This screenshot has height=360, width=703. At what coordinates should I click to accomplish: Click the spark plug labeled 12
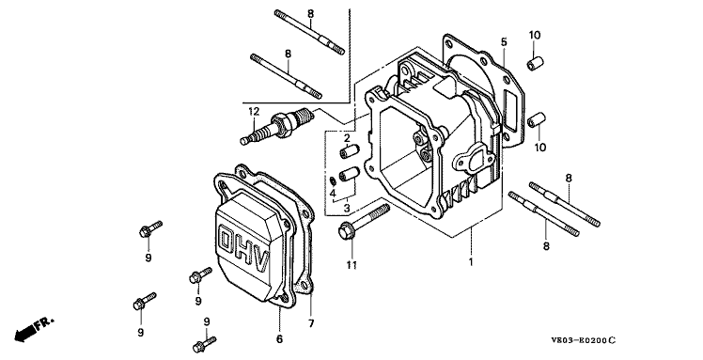click(275, 127)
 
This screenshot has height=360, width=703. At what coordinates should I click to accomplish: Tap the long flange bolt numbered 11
click(364, 222)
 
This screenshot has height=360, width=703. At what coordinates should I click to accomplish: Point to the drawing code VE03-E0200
click(584, 340)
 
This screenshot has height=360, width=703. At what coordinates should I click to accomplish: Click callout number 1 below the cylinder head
click(471, 262)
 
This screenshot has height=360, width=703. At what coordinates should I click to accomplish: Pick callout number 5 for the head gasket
click(504, 42)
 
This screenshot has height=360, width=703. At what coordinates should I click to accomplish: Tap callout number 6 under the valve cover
click(279, 339)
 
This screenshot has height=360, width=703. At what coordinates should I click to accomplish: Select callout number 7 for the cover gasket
click(311, 323)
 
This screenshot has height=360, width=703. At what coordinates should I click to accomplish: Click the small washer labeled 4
click(332, 180)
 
